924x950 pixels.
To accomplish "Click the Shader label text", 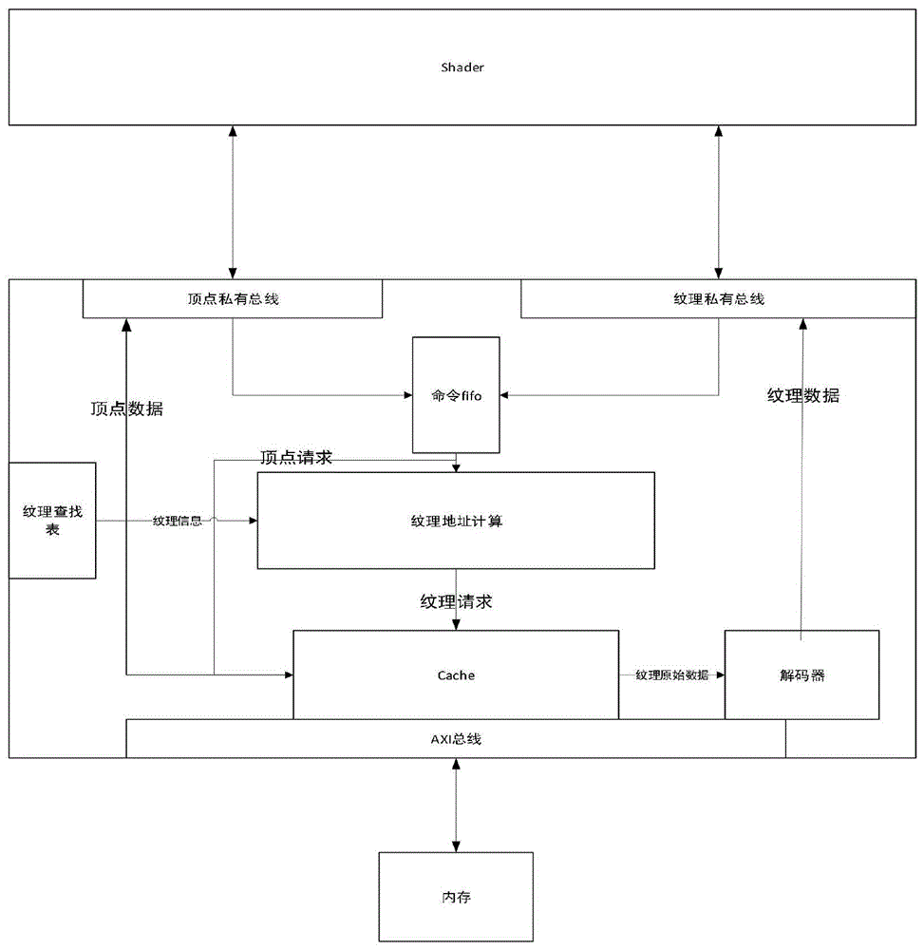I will point(462,67).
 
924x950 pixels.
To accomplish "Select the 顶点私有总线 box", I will point(233,299).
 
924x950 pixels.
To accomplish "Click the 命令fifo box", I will point(456,395).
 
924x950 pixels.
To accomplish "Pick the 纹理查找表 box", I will point(52,521).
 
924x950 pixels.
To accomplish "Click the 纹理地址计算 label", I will point(456,521).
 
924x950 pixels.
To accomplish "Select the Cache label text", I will point(456,675).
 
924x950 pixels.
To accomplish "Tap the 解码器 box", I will point(802,675).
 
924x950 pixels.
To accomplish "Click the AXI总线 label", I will point(456,739).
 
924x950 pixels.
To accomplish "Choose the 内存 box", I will point(456,897).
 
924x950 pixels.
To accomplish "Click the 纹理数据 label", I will point(803,396).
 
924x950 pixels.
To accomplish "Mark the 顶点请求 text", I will point(296,457).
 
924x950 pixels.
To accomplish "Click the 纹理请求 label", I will point(456,601).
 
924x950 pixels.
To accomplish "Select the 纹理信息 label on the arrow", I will point(178,521).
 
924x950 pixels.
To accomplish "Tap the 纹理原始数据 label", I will point(672,675).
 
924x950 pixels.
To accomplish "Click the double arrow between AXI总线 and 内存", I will point(457,805).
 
